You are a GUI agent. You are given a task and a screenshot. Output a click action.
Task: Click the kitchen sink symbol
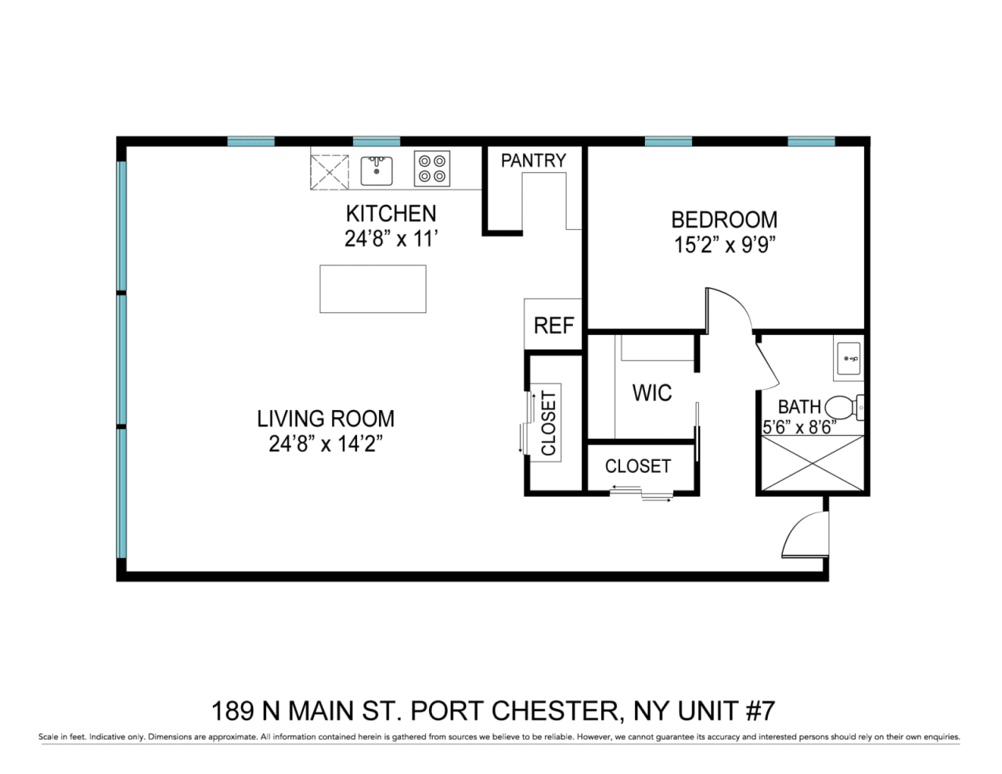[377, 171]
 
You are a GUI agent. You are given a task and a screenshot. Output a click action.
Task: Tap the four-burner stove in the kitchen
[431, 169]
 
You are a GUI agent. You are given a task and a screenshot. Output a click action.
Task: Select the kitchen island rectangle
[373, 289]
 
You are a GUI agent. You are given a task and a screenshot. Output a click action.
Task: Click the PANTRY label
[534, 160]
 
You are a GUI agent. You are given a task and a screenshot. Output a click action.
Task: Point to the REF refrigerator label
[553, 326]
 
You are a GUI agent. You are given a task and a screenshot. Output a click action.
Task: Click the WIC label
[652, 393]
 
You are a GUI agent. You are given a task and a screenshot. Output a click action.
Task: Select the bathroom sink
[849, 358]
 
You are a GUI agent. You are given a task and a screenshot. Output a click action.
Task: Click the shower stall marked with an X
[812, 463]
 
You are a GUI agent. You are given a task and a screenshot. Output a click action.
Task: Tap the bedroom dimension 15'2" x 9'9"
[724, 245]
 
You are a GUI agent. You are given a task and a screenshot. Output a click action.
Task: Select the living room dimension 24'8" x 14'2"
[326, 444]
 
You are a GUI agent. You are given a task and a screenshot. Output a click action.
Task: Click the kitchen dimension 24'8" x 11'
[391, 239]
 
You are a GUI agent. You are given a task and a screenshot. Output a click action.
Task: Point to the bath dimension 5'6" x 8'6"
[799, 427]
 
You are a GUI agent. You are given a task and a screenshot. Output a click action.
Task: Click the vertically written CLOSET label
[548, 423]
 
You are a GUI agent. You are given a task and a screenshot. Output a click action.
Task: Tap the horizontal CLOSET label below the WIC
[638, 466]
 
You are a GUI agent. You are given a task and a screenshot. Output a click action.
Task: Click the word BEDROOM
[724, 219]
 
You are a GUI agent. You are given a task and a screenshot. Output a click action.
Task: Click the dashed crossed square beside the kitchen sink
[330, 172]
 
